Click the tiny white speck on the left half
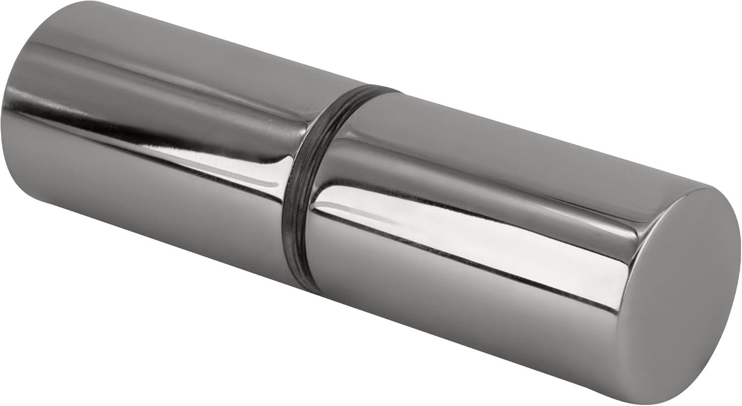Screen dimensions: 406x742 coord(269,120)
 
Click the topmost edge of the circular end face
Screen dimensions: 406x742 coord(712,189)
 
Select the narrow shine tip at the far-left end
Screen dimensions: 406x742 coord(15,106)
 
